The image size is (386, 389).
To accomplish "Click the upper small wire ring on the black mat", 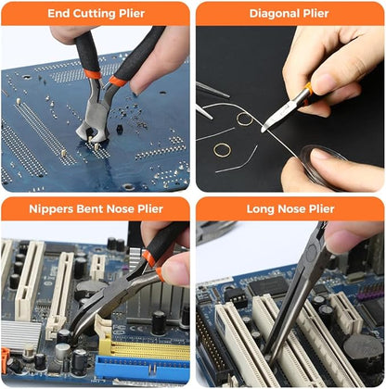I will click(x=245, y=119).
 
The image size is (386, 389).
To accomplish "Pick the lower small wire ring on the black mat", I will click(x=223, y=149).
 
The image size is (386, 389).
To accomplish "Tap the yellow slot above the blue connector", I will click(x=139, y=349).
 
